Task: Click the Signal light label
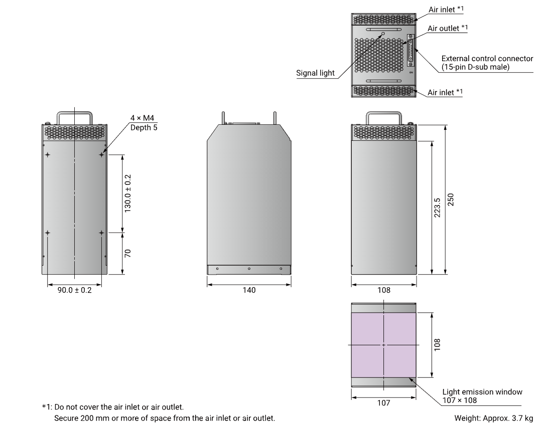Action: [315, 73]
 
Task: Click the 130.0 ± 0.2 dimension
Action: [127, 193]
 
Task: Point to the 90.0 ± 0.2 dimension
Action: [74, 290]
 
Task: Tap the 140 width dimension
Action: [249, 290]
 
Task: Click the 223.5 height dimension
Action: [437, 207]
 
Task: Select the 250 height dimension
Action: [451, 199]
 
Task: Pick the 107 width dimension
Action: [383, 403]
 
